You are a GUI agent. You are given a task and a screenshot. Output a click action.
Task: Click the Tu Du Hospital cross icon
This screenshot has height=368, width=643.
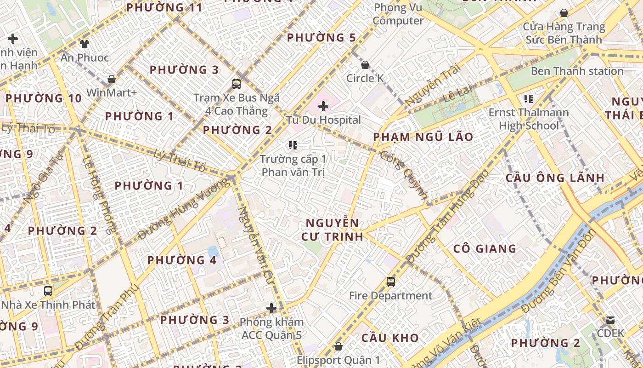323,107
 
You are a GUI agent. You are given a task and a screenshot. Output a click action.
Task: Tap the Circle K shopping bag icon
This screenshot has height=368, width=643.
365,65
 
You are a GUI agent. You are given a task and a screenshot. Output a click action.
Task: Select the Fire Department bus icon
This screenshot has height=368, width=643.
391,282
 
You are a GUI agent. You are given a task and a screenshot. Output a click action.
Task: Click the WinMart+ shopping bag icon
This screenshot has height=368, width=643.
112,79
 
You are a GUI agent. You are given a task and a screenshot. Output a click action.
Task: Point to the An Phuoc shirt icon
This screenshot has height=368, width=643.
85,44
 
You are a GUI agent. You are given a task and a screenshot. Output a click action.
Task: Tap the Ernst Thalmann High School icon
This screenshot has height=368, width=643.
529,99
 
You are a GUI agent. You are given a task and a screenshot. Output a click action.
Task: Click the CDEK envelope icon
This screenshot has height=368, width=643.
610,320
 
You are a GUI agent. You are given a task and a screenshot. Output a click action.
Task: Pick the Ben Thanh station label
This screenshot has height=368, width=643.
577,71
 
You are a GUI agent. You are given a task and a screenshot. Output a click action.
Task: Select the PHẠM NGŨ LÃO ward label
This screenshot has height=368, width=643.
423,137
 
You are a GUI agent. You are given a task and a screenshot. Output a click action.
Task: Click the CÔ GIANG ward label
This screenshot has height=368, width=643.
485,249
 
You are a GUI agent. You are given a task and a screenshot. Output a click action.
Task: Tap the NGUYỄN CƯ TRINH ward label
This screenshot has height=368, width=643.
332,230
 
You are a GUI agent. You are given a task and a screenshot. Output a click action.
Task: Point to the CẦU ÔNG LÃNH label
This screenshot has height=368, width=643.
555,178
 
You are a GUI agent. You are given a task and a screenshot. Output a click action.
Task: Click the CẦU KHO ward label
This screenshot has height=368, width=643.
390,338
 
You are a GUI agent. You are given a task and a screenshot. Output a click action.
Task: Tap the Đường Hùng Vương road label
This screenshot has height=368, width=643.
184,209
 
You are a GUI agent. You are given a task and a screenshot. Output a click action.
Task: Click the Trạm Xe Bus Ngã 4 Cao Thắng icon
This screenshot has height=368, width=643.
237,84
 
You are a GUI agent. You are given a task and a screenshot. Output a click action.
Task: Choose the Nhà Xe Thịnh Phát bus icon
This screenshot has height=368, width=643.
48,291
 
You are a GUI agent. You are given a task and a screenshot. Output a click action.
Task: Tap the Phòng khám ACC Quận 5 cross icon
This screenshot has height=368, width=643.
271,308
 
